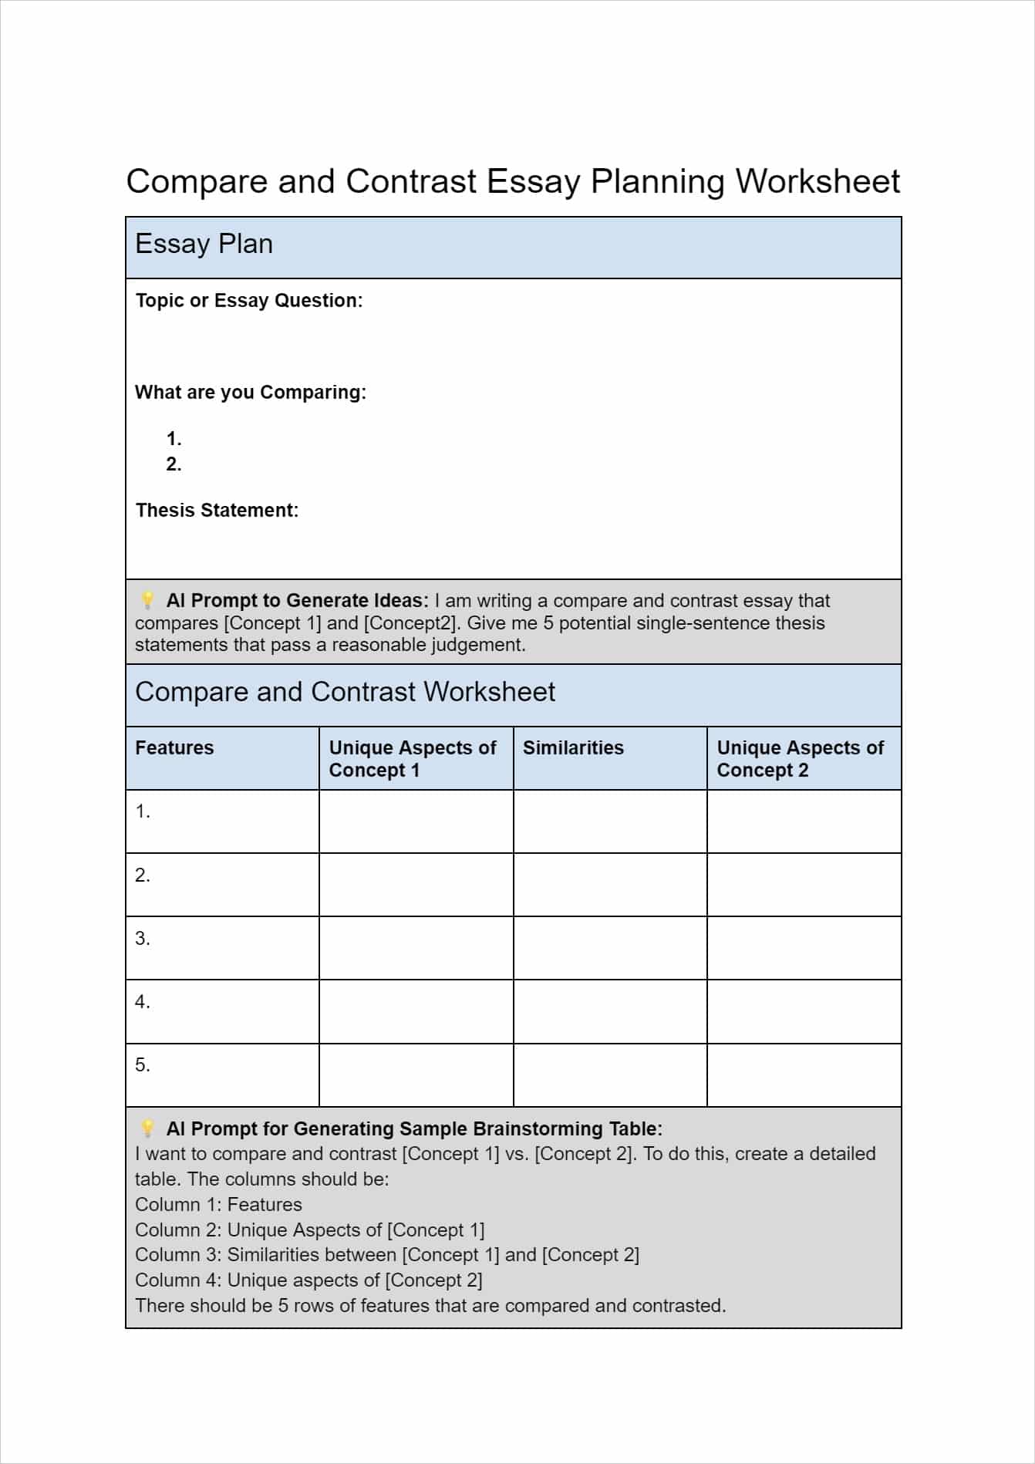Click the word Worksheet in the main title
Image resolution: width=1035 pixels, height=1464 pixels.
[817, 182]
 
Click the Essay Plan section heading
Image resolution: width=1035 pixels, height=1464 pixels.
[204, 244]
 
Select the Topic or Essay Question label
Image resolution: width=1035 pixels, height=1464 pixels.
[248, 301]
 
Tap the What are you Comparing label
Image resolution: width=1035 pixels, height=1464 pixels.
[250, 393]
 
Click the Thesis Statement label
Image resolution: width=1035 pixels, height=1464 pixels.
[217, 511]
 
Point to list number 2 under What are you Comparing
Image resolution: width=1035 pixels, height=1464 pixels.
[174, 464]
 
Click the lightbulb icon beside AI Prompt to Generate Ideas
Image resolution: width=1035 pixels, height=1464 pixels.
[147, 601]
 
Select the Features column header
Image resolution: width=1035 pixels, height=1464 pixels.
[174, 748]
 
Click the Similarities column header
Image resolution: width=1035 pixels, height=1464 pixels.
[573, 748]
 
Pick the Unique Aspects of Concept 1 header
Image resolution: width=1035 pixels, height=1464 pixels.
[412, 759]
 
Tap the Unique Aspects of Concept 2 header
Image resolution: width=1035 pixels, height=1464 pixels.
[800, 759]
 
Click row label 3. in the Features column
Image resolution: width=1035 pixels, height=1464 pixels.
[143, 939]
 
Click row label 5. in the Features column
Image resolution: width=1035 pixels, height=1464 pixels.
[143, 1065]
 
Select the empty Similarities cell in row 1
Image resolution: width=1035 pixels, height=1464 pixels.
[609, 821]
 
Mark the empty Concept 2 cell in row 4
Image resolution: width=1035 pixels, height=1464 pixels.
[804, 1011]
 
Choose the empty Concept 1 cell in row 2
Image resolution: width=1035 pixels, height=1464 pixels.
[416, 885]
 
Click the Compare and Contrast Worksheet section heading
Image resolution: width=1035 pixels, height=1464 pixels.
[345, 692]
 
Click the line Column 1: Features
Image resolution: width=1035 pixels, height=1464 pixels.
[218, 1205]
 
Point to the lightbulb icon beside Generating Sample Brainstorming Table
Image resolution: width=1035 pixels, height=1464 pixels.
[147, 1129]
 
